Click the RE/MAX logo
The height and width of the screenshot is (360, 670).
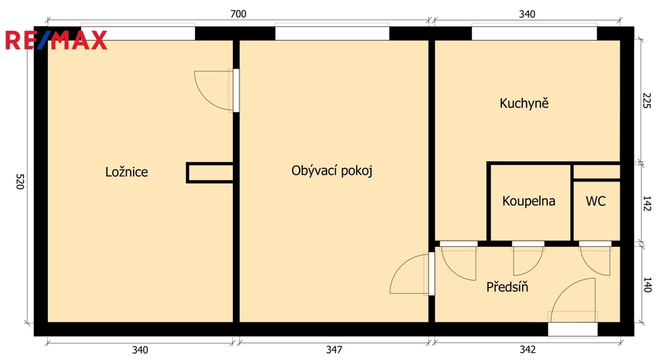coord(56,40)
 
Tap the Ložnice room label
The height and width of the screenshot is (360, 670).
coord(126,172)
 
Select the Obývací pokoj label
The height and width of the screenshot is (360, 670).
coord(332,171)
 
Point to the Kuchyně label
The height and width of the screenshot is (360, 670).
coord(524,103)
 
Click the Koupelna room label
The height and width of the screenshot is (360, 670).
coord(529,201)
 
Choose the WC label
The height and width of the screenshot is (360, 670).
coord(595,201)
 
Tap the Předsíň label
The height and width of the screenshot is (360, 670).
coord(507,287)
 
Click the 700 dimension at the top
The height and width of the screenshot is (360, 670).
coord(238,14)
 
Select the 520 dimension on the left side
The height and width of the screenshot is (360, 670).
coord(20,181)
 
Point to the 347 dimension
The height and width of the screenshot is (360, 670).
coord(334,350)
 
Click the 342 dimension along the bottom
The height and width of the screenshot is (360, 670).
coord(527,350)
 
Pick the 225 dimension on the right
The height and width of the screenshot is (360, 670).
coord(647,100)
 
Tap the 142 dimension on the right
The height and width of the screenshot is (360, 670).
coord(647,204)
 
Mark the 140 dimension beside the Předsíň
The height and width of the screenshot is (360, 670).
coord(647,285)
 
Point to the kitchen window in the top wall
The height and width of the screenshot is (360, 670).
coord(534,33)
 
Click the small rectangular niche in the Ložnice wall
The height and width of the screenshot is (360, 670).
coord(210,173)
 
